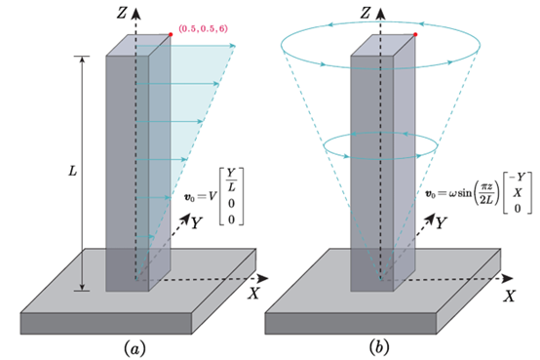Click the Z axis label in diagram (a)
point(122,14)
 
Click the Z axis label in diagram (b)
point(366,14)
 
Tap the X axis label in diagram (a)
point(253,294)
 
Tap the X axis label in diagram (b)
point(510,296)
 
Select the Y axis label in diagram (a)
point(197,223)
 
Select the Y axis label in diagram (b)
point(442,223)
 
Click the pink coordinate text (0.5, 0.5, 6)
point(203,28)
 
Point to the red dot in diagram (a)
point(171,34)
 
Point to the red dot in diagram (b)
point(415,34)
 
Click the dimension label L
point(73,171)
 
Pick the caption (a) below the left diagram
point(135,348)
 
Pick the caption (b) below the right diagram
point(379,348)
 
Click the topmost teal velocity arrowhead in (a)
point(233,46)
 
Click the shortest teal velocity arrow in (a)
point(145,236)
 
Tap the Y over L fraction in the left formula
point(231,180)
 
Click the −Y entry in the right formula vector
point(517,177)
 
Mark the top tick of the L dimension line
point(82,56)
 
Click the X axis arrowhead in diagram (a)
point(263,278)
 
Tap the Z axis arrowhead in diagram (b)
point(380,14)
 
